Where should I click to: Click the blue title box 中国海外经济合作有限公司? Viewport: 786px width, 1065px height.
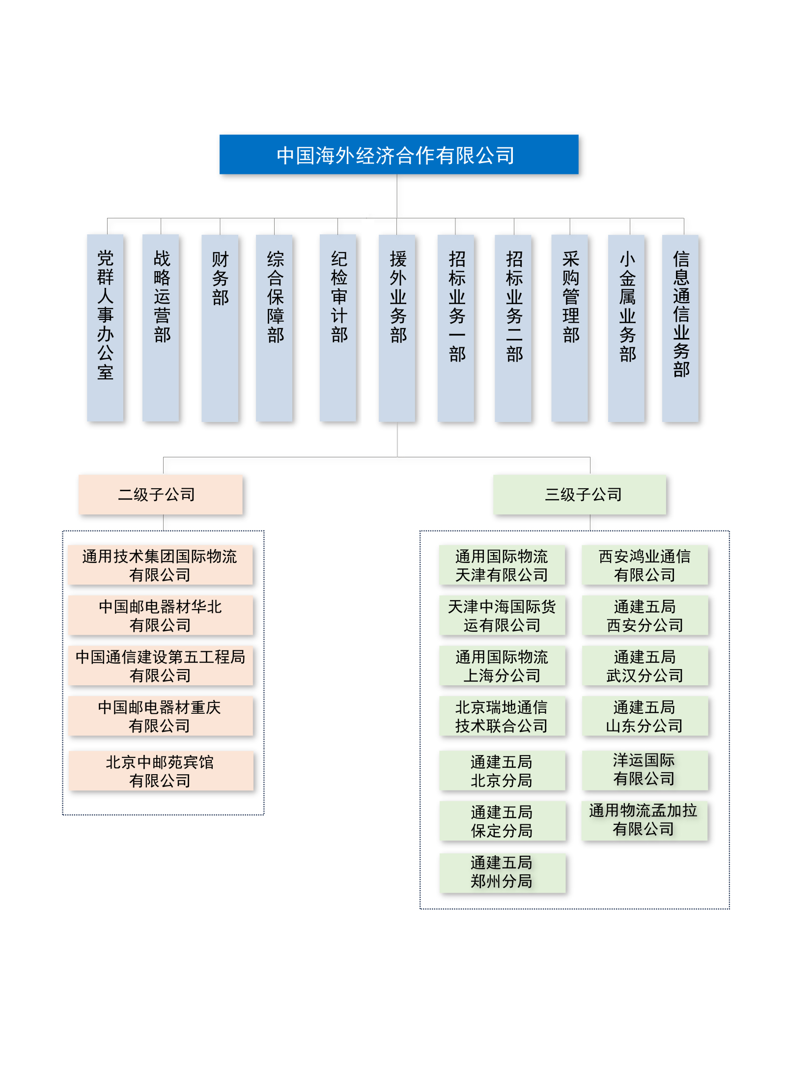398,154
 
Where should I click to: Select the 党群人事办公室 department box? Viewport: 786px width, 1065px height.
105,328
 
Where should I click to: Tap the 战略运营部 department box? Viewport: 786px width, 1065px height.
161,328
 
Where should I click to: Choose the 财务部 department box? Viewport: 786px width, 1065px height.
220,328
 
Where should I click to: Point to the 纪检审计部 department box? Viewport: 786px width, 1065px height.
338,328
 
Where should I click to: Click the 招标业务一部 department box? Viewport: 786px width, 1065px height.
456,328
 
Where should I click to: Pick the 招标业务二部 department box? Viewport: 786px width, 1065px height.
513,328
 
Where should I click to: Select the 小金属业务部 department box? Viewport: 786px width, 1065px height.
626,328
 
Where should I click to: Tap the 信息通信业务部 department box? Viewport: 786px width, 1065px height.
680,328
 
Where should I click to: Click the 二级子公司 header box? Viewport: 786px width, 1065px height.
160,494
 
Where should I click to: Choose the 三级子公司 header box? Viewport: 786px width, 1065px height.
580,494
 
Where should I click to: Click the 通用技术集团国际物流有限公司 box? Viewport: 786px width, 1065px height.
160,565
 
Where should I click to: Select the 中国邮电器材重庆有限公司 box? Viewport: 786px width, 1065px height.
160,716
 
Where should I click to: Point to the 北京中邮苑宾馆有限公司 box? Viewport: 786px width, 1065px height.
161,771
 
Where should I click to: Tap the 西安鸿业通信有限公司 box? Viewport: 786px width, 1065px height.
645,565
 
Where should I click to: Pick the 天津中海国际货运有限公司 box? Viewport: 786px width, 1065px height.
502,616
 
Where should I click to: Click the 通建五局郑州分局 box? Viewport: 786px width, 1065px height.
502,872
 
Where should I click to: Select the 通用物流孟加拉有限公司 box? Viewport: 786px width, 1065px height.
644,820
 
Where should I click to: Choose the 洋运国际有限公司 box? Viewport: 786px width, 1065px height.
645,770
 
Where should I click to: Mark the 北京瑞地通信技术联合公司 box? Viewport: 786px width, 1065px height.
502,716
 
